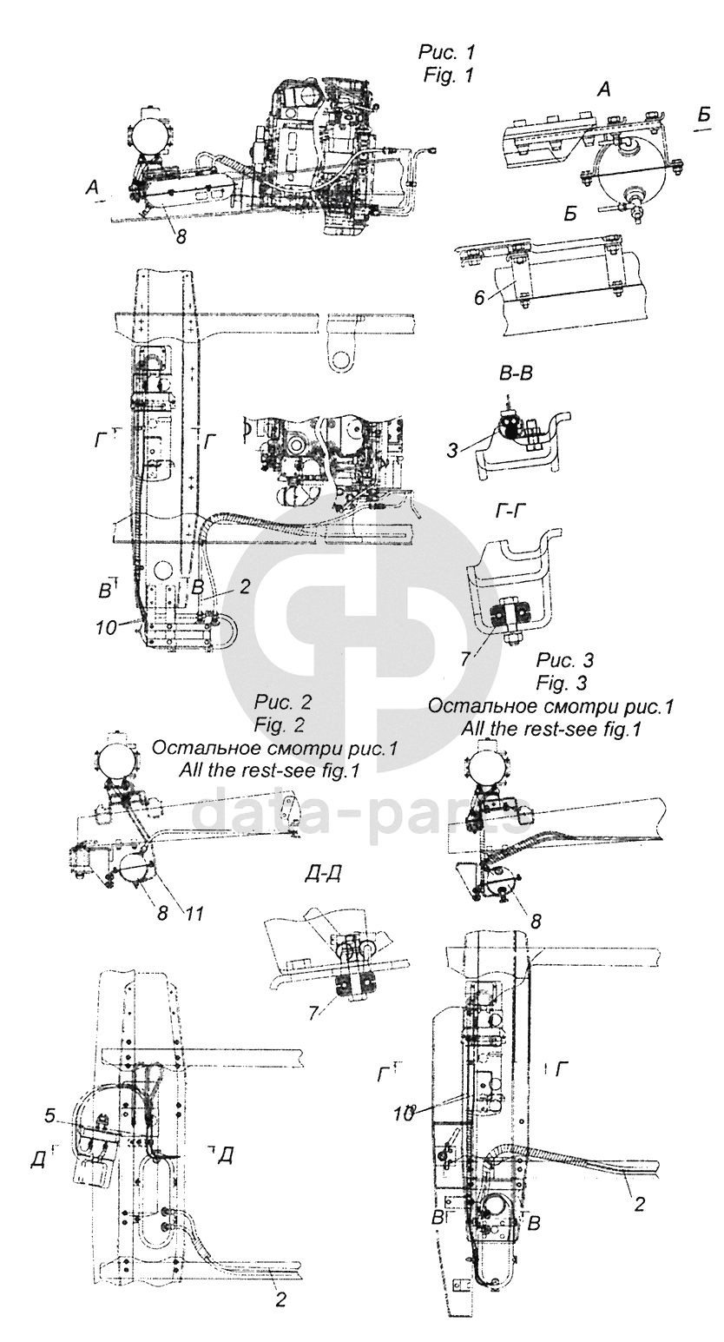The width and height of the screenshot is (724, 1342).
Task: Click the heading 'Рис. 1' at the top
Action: tap(447, 53)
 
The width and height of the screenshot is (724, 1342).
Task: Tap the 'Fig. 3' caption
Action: tap(561, 683)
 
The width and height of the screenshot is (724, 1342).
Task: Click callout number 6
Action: tap(480, 298)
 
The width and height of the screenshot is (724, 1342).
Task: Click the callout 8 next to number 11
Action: tap(162, 915)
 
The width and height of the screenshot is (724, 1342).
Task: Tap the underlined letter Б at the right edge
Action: tap(704, 115)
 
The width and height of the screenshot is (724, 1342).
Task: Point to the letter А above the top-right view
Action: tap(604, 89)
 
